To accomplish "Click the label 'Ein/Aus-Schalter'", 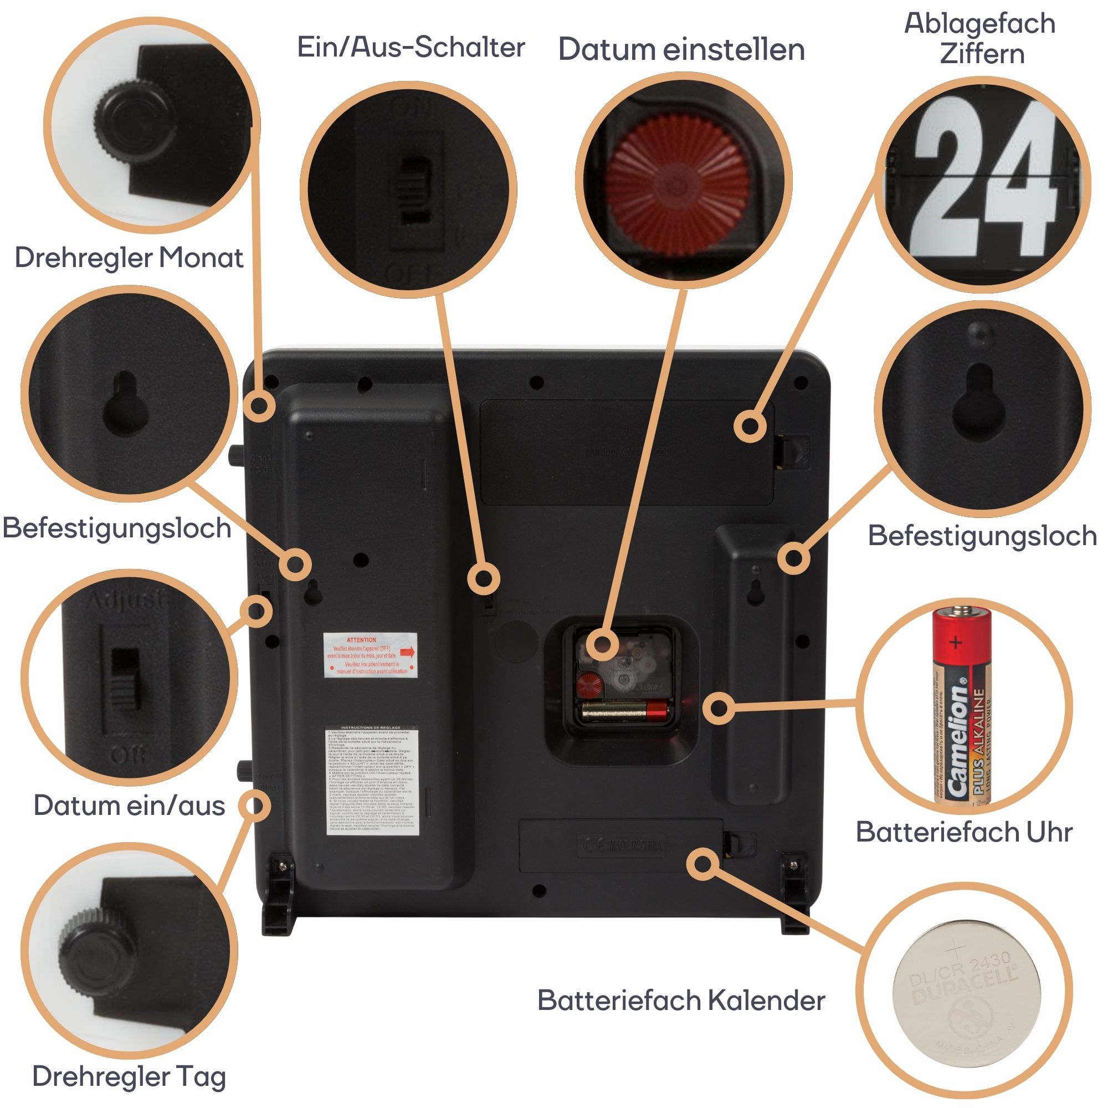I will (x=411, y=47).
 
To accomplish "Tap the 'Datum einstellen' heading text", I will (x=681, y=49).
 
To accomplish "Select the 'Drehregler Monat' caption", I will (x=129, y=258).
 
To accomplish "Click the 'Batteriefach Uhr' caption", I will (x=964, y=832).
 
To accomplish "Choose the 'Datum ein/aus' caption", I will (x=129, y=806).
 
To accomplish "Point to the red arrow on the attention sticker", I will (x=407, y=652).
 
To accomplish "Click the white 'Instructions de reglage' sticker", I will (x=372, y=781).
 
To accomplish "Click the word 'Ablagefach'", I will (x=979, y=24).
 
